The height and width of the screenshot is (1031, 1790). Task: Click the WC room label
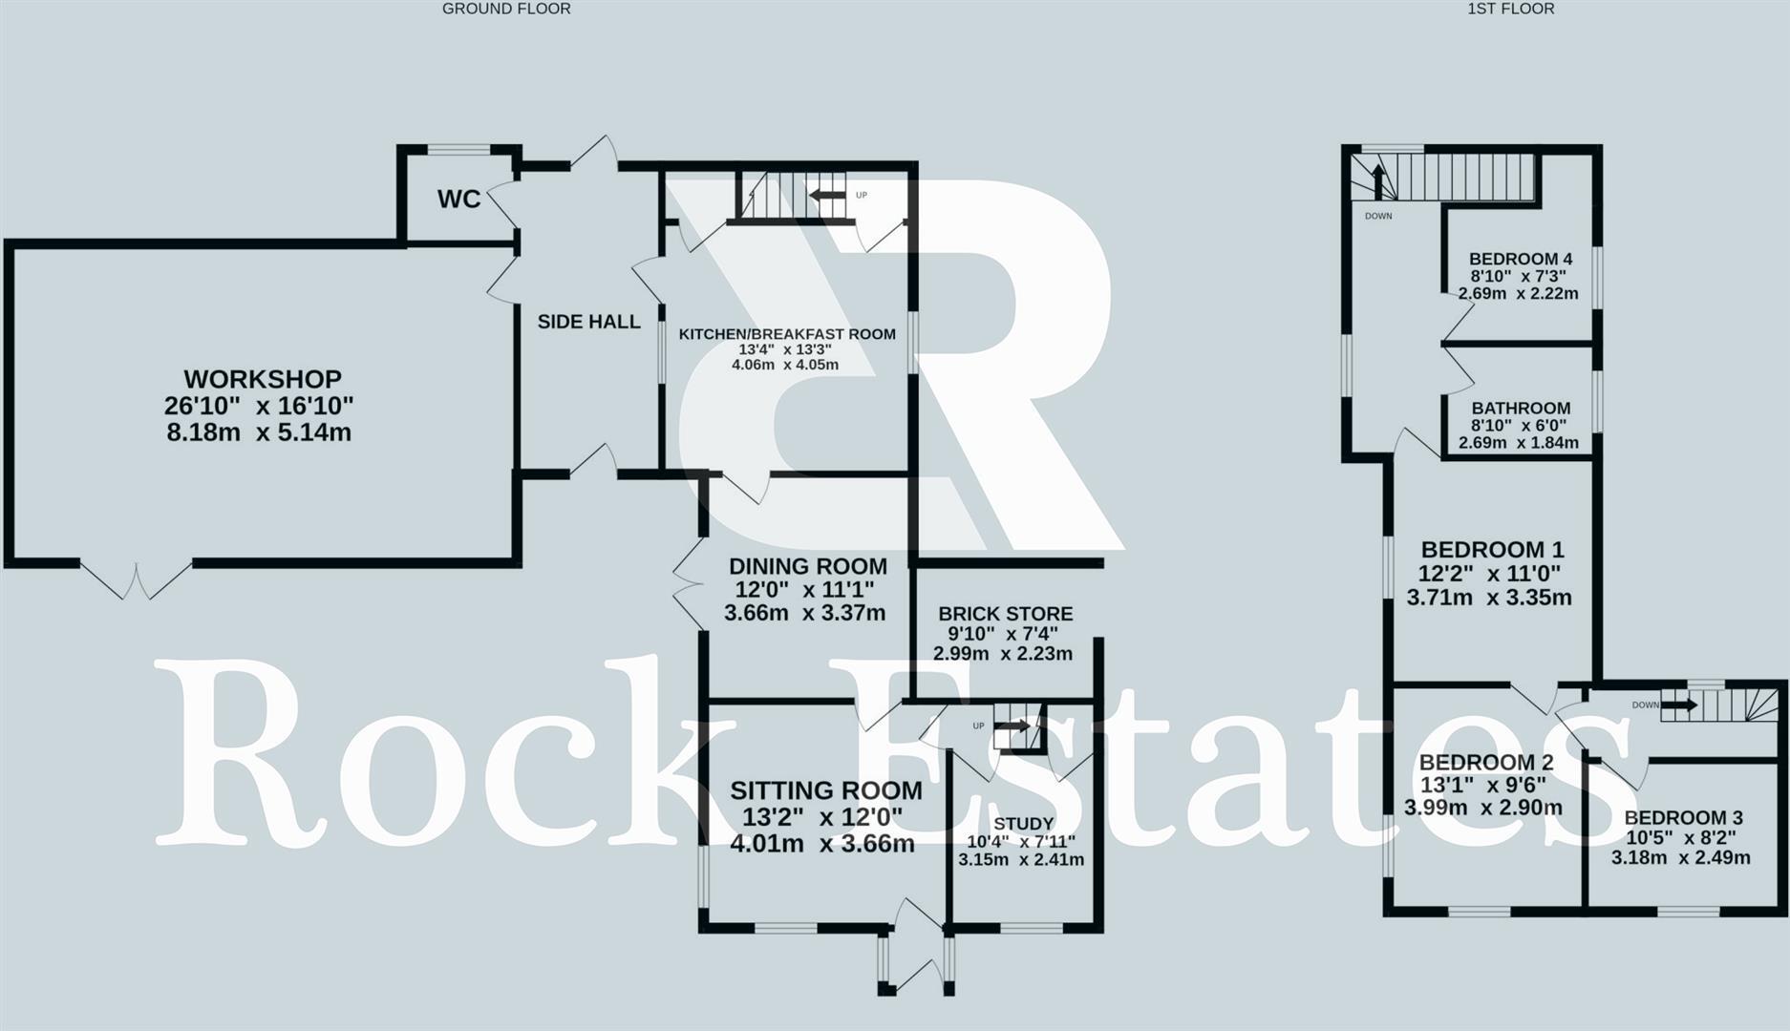[458, 200]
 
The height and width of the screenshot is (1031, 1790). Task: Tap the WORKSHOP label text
[263, 379]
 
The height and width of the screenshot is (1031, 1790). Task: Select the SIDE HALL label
[588, 322]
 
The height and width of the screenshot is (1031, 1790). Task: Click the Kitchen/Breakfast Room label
[787, 334]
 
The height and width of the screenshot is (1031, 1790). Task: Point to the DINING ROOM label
[807, 566]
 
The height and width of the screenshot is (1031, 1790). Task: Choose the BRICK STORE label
[1005, 614]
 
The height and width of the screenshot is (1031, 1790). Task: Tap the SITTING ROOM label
[826, 790]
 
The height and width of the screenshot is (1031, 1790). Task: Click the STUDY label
[1023, 823]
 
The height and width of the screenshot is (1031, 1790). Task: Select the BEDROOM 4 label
[1521, 259]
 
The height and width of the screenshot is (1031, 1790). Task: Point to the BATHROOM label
[1521, 408]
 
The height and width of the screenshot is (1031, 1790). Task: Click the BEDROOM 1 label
[1492, 550]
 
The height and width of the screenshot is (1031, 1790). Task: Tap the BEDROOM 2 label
[1486, 763]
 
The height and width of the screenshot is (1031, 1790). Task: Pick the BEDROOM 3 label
[1683, 818]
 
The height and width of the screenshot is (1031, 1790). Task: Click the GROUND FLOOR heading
[506, 9]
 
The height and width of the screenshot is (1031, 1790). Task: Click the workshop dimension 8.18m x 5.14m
[259, 432]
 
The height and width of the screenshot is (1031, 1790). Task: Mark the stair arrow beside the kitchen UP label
[827, 196]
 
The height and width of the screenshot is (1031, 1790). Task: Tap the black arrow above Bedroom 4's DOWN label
[1378, 182]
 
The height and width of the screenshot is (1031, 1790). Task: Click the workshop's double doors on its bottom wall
[136, 579]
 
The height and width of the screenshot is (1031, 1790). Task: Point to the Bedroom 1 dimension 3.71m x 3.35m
[1488, 599]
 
